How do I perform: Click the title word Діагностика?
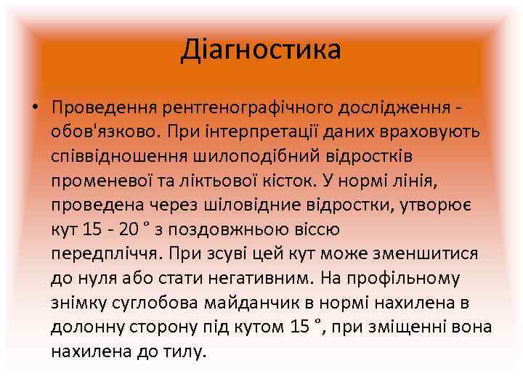[x=261, y=50]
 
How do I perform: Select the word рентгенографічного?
[x=252, y=108]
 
